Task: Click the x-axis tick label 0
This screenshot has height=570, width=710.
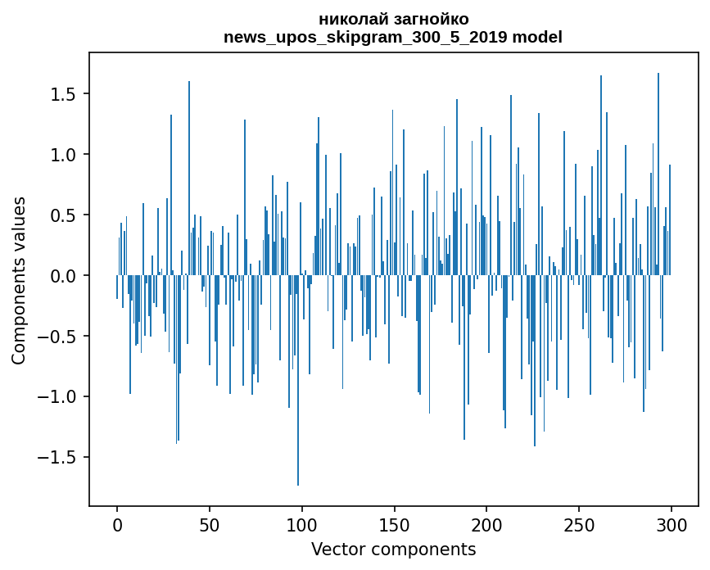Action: pos(117,526)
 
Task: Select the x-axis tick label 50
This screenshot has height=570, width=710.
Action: pos(209,526)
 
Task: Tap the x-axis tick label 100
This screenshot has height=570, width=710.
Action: pos(301,526)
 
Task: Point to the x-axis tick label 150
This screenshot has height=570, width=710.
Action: pos(394,526)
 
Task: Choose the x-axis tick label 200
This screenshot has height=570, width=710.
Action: pos(486,526)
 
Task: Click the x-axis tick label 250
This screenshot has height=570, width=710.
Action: pos(579,526)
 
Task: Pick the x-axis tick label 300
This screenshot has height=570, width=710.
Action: pos(671,526)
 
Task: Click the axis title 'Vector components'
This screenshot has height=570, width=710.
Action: pos(393,550)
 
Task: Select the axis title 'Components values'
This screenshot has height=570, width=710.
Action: pos(19,281)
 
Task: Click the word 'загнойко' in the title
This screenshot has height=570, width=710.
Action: pos(432,20)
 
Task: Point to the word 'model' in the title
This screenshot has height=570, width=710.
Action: pos(537,37)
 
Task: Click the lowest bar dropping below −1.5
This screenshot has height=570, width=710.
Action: pos(298,380)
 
